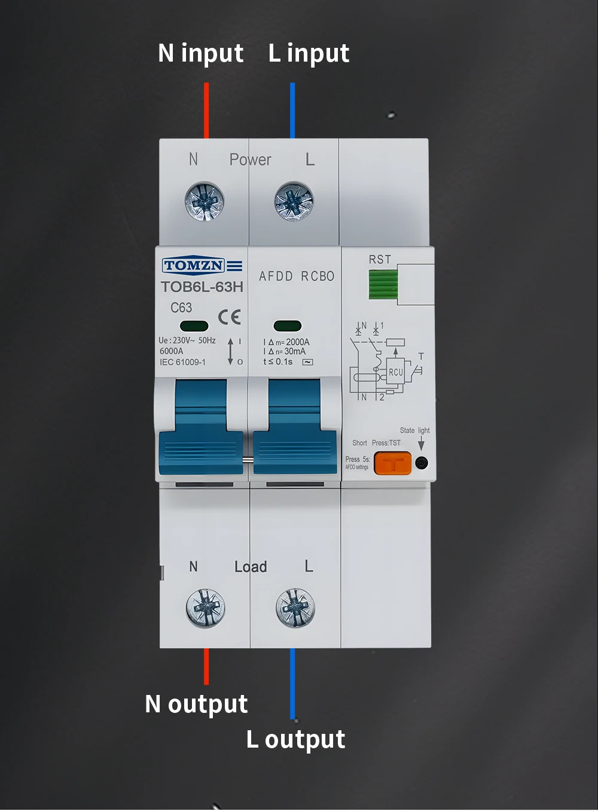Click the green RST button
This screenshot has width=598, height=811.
click(383, 284)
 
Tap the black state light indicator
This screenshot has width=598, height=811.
click(422, 463)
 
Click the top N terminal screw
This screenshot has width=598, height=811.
click(205, 201)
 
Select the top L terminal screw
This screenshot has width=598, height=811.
click(294, 202)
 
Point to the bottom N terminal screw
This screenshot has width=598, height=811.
click(205, 608)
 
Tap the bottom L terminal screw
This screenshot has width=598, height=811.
click(295, 608)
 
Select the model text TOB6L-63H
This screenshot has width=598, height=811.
click(202, 287)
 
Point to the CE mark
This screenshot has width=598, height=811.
click(230, 316)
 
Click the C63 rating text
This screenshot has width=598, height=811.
click(181, 307)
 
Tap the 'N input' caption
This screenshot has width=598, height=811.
click(200, 54)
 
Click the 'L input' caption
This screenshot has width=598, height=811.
click(309, 54)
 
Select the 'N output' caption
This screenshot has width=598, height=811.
click(196, 705)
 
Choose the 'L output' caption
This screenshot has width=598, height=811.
click(296, 740)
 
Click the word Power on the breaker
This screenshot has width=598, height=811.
click(250, 160)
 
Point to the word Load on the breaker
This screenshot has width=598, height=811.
click(251, 566)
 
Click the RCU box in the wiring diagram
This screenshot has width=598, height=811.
click(396, 372)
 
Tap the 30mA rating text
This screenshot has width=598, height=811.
click(294, 352)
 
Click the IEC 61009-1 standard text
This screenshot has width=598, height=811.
click(182, 362)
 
